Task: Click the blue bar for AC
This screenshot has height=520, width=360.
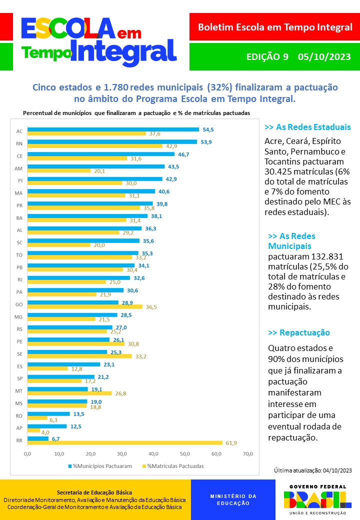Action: coord(113,129)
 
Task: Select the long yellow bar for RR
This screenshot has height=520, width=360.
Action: coord(124,442)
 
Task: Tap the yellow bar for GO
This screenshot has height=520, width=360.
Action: coord(84,306)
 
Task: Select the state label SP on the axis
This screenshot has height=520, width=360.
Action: coord(19,379)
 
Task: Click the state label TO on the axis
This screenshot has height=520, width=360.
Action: coord(19,255)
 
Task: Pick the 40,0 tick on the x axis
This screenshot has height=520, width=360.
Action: coord(153,453)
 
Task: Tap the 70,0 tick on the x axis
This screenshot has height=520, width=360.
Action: coord(248,453)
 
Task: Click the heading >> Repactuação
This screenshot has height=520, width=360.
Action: coord(299,332)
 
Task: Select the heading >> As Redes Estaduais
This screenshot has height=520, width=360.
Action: coord(307,127)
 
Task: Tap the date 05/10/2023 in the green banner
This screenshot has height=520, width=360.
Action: coord(324,57)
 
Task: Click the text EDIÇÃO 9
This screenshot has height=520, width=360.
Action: coord(267,57)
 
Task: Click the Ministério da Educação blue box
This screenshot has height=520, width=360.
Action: coord(233,499)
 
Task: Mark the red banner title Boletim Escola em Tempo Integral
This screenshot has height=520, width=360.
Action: coord(275,27)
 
